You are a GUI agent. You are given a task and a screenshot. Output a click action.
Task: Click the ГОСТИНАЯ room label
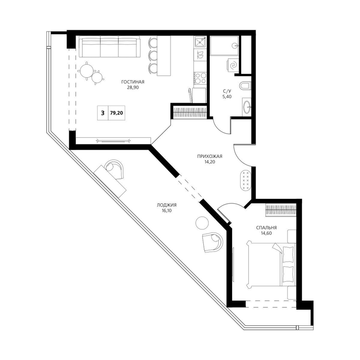(x=133, y=82)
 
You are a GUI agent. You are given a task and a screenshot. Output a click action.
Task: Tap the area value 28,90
(x=133, y=87)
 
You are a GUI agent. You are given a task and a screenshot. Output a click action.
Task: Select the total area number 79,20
(x=117, y=113)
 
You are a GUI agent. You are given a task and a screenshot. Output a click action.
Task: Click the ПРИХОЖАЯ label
(x=210, y=156)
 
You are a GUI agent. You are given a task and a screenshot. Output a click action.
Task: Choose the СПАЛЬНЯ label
(x=266, y=228)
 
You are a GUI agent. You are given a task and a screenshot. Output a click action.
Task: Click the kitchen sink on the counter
(x=200, y=42)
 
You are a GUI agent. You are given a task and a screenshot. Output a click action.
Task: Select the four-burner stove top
(x=200, y=78)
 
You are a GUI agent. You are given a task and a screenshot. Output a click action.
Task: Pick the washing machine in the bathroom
(x=233, y=65)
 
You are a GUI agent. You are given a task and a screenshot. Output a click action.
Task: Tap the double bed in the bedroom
(x=271, y=264)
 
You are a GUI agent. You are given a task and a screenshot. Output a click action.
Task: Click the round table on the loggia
(x=202, y=222)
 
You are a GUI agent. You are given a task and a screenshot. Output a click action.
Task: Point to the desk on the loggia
(x=110, y=181)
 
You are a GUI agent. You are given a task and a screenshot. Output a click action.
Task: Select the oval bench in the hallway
(x=245, y=180)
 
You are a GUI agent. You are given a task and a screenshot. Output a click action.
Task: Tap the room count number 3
(x=103, y=113)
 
